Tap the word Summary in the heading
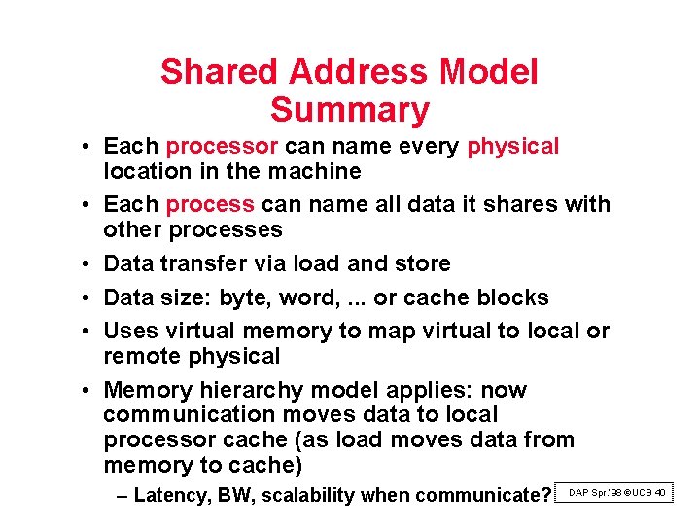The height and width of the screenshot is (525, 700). pyautogui.click(x=349, y=110)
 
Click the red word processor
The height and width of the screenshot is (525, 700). pyautogui.click(x=222, y=147)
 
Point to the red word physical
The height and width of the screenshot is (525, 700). pyautogui.click(x=512, y=147)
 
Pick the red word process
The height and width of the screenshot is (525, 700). pyautogui.click(x=210, y=205)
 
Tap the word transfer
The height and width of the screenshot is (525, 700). pyautogui.click(x=201, y=264)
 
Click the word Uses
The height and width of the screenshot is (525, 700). pyautogui.click(x=127, y=332)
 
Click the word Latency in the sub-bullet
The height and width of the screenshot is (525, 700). pyautogui.click(x=169, y=496)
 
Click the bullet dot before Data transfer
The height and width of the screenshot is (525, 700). pyautogui.click(x=87, y=264)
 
